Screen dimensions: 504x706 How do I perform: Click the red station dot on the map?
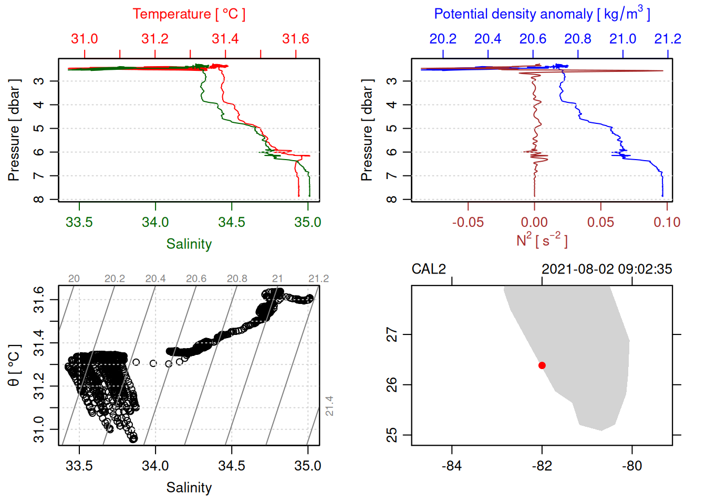[542, 365]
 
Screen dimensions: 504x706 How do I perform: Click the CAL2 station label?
[429, 269]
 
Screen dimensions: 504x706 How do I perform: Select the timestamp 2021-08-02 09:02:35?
[607, 269]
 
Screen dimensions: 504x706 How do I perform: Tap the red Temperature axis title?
[189, 14]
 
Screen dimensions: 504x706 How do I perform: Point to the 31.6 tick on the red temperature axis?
[296, 39]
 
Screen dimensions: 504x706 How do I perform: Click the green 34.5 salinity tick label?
[232, 222]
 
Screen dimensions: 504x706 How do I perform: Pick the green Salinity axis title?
[189, 244]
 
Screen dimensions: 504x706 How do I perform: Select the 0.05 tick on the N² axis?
[600, 222]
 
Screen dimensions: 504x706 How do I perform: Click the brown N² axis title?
[542, 240]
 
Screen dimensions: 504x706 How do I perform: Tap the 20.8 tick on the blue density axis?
[578, 39]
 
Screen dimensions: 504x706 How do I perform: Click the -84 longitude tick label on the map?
[452, 466]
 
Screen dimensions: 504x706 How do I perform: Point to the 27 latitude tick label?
[392, 334]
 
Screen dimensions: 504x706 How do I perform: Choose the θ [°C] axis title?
[14, 365]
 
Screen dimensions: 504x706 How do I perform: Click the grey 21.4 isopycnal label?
[329, 406]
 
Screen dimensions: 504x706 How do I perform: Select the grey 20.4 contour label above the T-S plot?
[155, 279]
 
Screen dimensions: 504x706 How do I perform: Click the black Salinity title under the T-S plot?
[189, 488]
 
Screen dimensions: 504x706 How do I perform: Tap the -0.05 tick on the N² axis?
[468, 222]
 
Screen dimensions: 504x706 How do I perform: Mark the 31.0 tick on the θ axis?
[39, 429]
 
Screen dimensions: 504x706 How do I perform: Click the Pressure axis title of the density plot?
[367, 130]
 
